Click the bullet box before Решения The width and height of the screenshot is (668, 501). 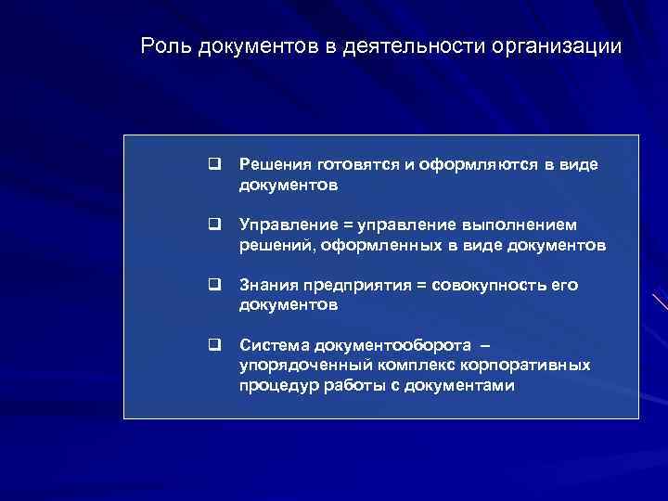213,164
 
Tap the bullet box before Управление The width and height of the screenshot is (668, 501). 213,225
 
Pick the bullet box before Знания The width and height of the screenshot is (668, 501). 213,285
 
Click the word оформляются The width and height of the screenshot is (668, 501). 479,164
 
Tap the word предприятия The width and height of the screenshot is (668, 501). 353,285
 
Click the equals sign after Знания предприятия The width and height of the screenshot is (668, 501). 423,286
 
